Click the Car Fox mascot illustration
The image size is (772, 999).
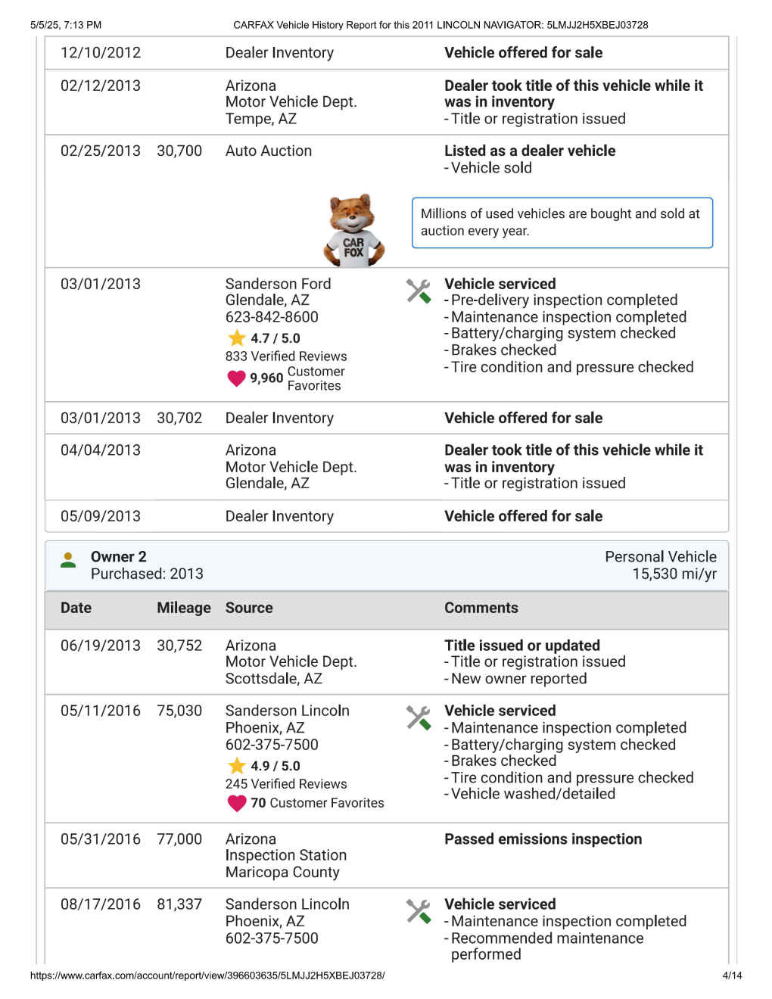(x=353, y=230)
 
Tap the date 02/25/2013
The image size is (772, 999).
(x=101, y=151)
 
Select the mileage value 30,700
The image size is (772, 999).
(x=179, y=151)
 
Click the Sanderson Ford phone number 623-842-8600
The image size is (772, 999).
(x=272, y=317)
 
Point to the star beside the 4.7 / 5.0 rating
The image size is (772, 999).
(x=237, y=338)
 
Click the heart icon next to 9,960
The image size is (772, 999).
(x=236, y=378)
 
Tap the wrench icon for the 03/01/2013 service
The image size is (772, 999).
(x=418, y=291)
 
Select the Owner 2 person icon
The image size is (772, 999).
(x=68, y=560)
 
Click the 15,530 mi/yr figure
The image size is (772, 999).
(x=674, y=574)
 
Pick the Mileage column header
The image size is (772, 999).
(x=183, y=608)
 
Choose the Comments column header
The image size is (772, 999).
(x=481, y=608)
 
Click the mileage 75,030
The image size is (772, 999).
(x=179, y=711)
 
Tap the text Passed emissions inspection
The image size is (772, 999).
(x=543, y=839)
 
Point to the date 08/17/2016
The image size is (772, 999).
(x=101, y=904)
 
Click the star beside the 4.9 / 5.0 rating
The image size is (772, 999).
(x=237, y=766)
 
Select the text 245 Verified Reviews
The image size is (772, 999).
(x=286, y=784)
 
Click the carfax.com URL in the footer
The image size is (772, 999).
(x=207, y=976)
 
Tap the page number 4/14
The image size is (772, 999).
(x=732, y=976)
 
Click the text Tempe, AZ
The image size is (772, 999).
(x=260, y=119)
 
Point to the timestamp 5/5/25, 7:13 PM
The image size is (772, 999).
(x=66, y=25)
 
